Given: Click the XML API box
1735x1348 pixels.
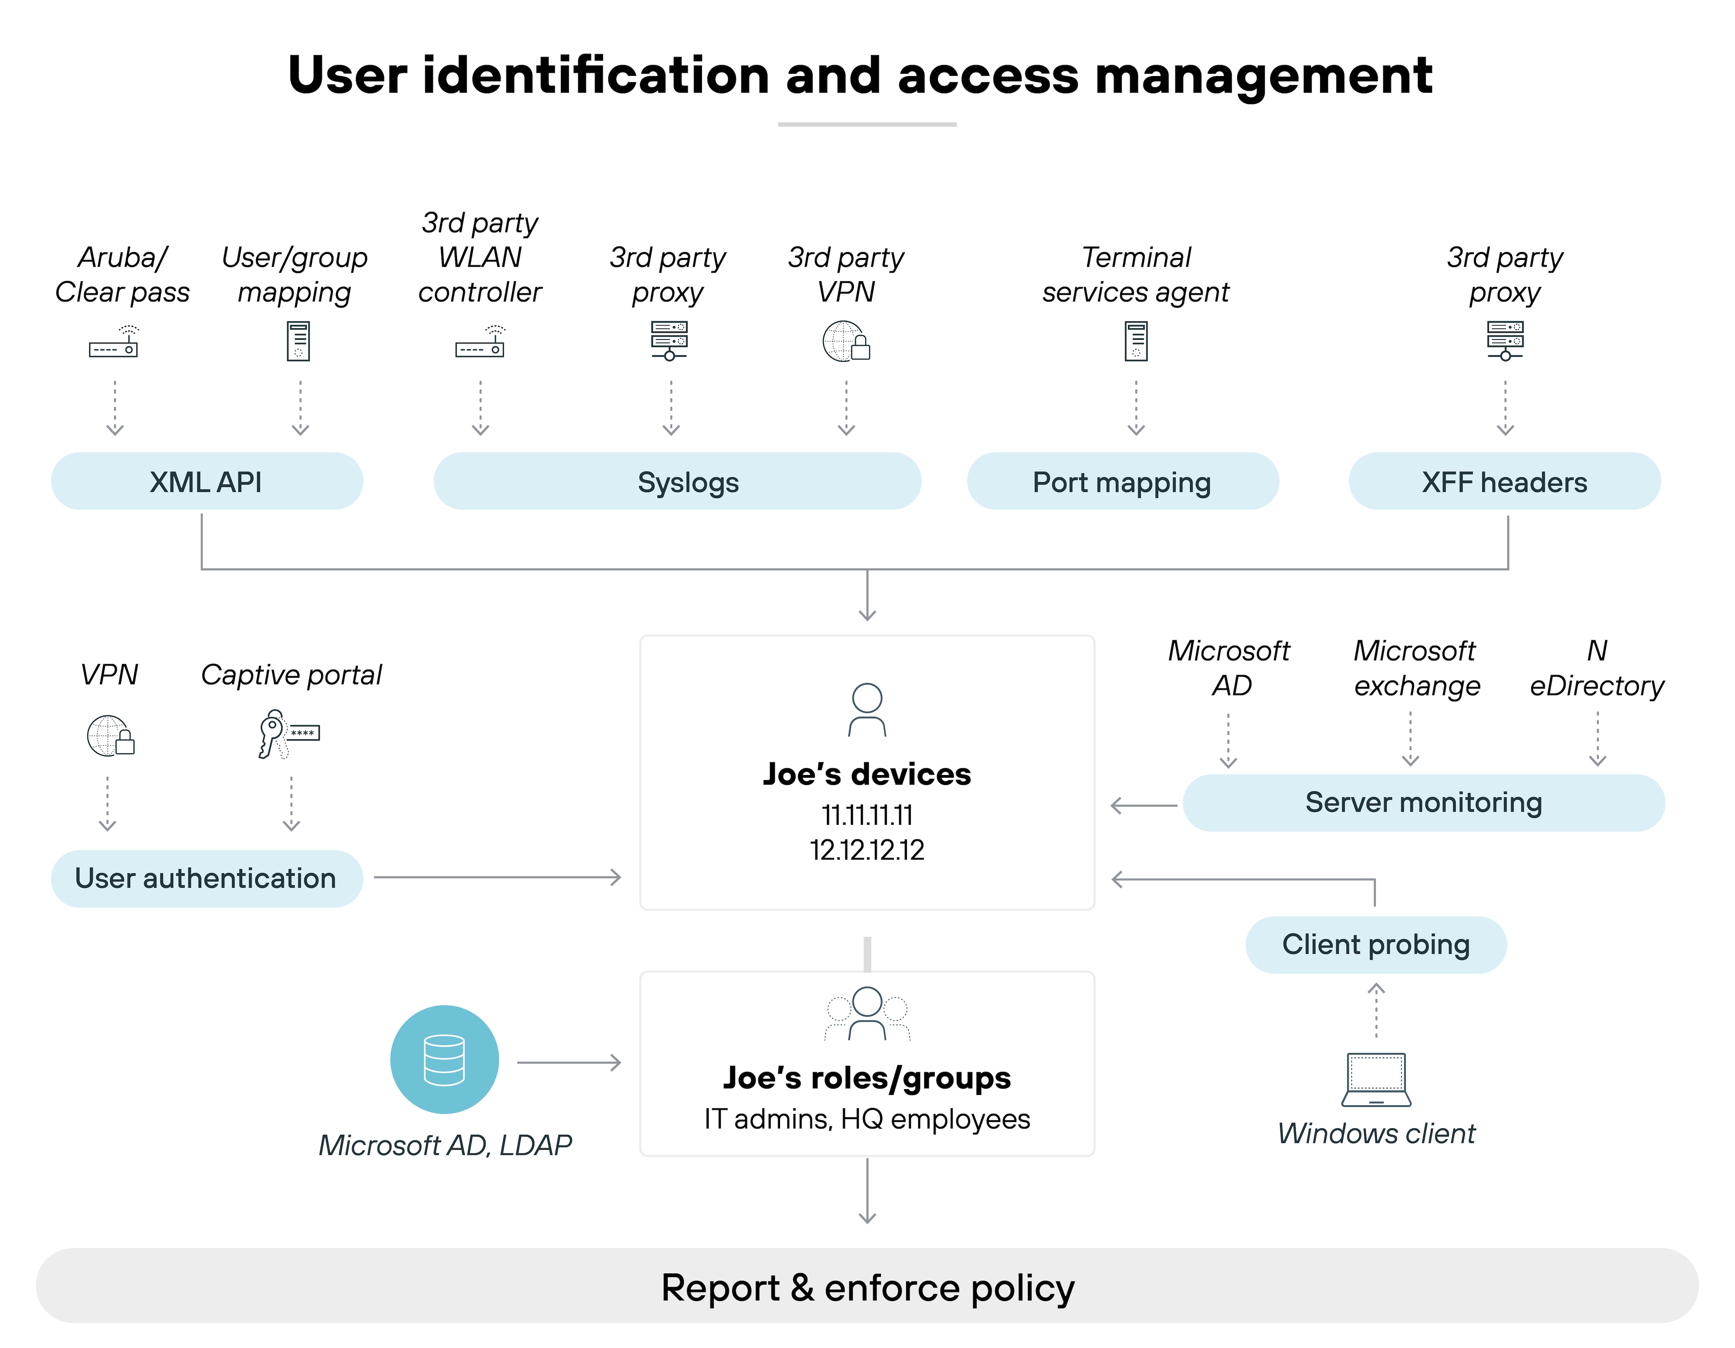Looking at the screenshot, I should [206, 481].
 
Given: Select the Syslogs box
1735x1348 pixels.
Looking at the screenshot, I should [677, 481].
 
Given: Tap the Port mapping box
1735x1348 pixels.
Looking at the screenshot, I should [1122, 481].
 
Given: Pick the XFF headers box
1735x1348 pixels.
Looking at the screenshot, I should [1504, 481].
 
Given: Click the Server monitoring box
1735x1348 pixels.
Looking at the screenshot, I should [1423, 802].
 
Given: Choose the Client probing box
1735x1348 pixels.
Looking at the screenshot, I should [1375, 944].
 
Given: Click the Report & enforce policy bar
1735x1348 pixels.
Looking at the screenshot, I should [867, 1287].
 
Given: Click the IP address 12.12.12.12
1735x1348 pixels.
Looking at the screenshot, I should [867, 850].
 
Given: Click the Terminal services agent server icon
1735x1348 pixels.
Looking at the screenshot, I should [1136, 342].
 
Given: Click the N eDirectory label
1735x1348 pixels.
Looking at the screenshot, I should [1597, 668].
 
